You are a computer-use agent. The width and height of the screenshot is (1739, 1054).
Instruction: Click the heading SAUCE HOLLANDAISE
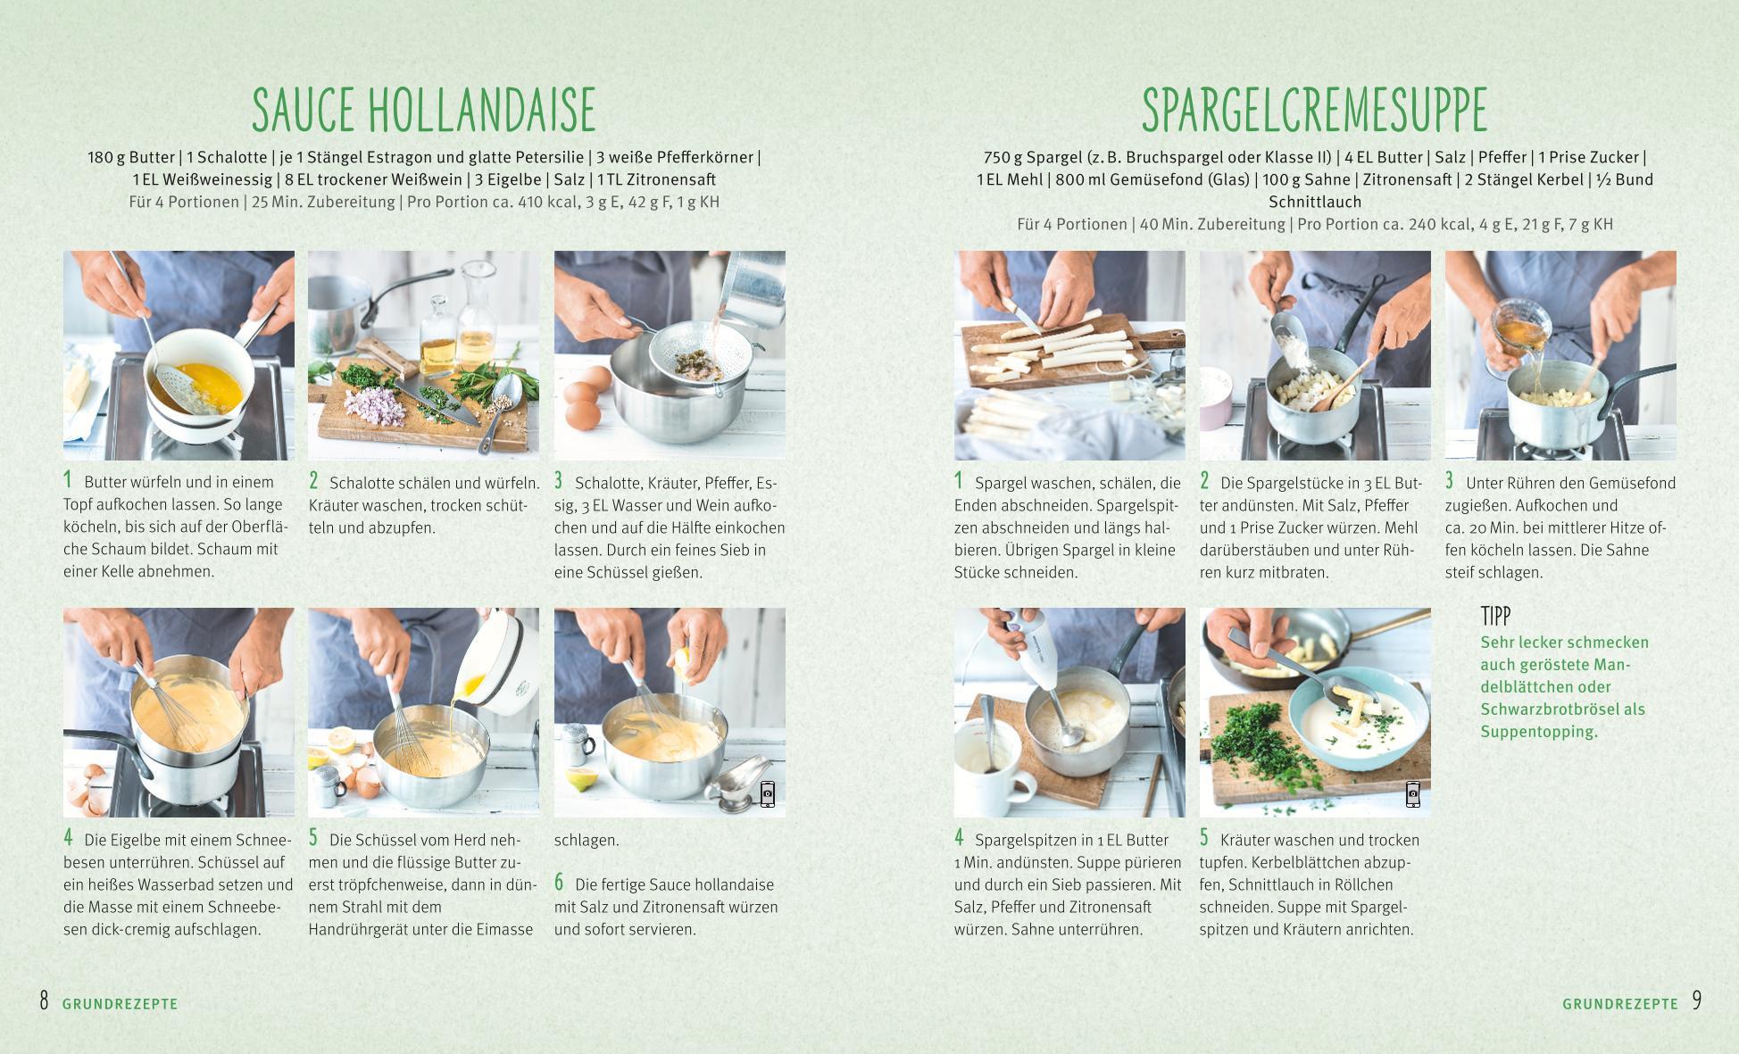pos(423,110)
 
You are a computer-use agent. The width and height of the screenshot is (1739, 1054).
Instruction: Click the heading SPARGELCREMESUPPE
pos(1314,110)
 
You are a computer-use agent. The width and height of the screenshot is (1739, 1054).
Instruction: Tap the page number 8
pos(44,1000)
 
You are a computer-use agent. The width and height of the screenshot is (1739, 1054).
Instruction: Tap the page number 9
pos(1696,1000)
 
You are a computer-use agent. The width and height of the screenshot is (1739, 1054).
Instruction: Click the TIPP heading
pos(1495,616)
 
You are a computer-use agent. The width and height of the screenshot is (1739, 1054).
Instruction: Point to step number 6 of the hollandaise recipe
pos(559,883)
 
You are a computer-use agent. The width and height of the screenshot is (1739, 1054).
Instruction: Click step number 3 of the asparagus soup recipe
pos(1450,481)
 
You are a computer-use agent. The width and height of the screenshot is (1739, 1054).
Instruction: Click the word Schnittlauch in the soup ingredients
pos(1314,202)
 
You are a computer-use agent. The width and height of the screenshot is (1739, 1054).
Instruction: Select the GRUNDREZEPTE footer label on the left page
pos(121,1004)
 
